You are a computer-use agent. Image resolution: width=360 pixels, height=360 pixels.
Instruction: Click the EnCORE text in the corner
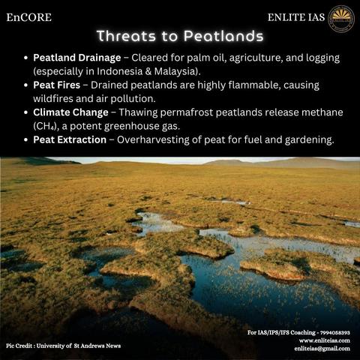coord(29,17)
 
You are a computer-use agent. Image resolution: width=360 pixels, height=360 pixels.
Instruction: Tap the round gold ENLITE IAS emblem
coord(341,19)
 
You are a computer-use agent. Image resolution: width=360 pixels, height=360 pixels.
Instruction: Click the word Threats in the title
coord(126,36)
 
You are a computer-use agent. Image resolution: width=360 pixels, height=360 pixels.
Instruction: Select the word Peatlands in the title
coord(223,36)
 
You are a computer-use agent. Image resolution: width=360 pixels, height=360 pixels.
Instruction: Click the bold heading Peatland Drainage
coord(77,58)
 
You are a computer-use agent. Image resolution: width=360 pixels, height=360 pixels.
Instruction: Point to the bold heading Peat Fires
coord(57,85)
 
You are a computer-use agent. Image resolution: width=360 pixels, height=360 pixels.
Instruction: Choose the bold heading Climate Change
coord(70,112)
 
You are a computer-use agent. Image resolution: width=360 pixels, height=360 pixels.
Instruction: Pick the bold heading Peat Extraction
coord(70,139)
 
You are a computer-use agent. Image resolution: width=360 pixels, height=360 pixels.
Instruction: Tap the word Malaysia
coord(176,71)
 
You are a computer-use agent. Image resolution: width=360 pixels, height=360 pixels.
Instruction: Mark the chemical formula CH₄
coord(44,126)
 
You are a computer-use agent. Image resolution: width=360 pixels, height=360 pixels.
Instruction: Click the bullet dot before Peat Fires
coord(25,85)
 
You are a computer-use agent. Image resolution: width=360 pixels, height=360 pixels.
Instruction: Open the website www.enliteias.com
coord(325,340)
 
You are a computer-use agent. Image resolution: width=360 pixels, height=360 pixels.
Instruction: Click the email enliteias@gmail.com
coord(322,349)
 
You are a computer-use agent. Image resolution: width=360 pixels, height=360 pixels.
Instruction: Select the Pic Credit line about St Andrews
coord(64,346)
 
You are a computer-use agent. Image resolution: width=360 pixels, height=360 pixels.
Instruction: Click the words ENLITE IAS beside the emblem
coord(296,17)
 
